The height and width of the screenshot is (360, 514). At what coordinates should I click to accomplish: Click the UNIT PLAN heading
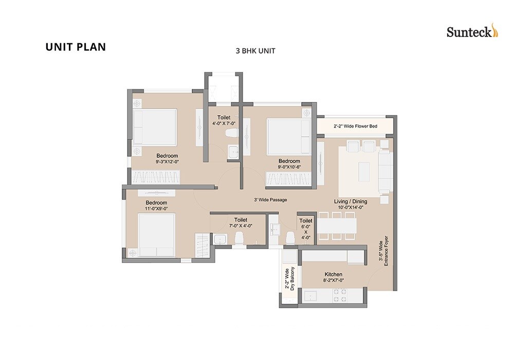tap(76, 47)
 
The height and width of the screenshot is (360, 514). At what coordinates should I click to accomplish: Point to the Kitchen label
tap(333, 274)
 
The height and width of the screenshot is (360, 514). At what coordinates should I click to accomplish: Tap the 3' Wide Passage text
tap(270, 200)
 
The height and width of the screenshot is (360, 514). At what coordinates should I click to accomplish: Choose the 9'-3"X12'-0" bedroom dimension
tap(167, 161)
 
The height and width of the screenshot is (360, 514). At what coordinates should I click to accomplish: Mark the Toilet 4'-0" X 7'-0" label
tap(224, 120)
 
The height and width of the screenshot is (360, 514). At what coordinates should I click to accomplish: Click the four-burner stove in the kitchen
tap(340, 295)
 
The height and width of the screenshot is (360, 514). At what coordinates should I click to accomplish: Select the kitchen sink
tap(311, 295)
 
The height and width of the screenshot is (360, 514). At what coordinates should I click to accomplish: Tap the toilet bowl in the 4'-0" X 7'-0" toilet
tap(231, 135)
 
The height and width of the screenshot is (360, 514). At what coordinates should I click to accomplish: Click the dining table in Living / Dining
tap(337, 225)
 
